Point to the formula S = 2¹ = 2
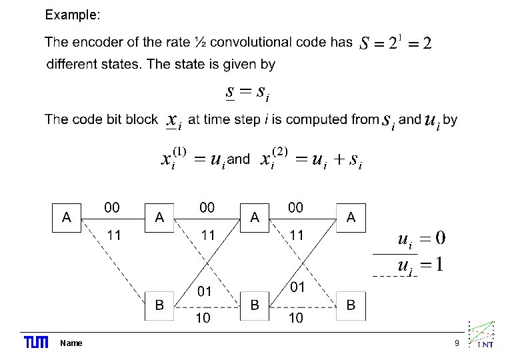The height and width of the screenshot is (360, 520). (x=395, y=43)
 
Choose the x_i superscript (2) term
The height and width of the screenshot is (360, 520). (x=273, y=158)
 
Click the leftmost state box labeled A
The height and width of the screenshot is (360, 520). (x=67, y=217)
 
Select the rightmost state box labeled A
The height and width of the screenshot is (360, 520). (x=351, y=217)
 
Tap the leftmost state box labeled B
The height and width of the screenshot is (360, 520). (x=160, y=305)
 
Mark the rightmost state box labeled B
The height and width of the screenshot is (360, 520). (x=351, y=305)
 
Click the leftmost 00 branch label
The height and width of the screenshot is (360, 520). (x=112, y=208)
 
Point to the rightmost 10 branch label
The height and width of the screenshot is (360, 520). (x=295, y=319)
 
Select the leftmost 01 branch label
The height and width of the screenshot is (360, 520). (x=204, y=291)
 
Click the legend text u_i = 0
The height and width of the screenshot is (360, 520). (x=421, y=239)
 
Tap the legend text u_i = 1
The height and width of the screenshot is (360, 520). (x=421, y=264)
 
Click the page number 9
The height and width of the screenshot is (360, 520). (x=457, y=343)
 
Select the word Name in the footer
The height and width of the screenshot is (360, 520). (x=71, y=343)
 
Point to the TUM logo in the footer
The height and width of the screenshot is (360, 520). (x=36, y=343)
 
